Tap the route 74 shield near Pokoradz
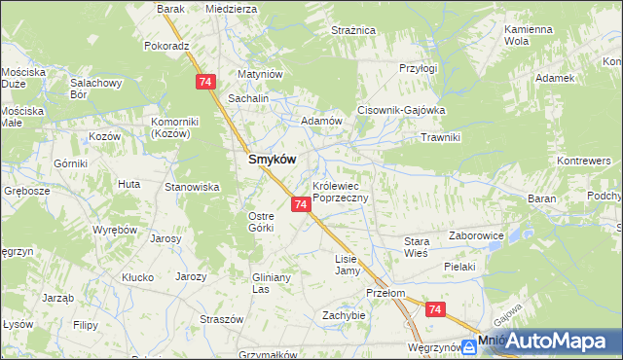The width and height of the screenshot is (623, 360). coord(204,83)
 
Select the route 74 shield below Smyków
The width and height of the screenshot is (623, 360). coord(301,204)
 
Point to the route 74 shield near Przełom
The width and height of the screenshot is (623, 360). coord(435,309)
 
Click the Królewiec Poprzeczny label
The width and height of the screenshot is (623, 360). coord(340,191)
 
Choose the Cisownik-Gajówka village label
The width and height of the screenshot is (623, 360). coord(401,110)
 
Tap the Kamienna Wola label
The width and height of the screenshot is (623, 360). coord(529,36)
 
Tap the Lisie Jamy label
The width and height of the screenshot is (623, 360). coord(348,265)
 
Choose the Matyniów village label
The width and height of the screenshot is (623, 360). coord(260,74)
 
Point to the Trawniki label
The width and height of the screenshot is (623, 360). coord(439,137)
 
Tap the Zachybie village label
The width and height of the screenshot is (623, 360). coord(344,315)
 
